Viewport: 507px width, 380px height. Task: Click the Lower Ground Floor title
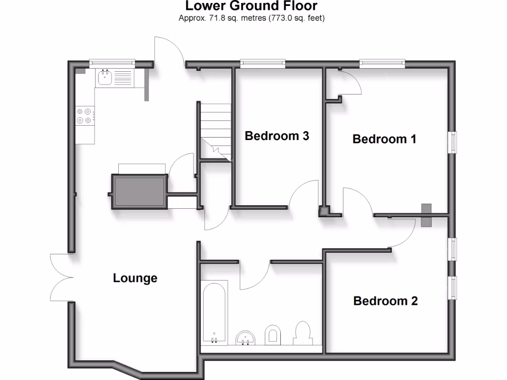pos(251,6)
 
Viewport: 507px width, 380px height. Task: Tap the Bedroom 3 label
pos(277,136)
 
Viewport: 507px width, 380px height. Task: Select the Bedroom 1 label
pos(384,139)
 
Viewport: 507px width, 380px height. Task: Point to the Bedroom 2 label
pos(385,301)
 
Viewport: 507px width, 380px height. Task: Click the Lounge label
pos(135,278)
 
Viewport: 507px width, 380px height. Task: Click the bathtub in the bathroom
pos(214,313)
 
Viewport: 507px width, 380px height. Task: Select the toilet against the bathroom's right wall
pos(303,332)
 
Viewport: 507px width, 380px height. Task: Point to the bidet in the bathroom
pos(273,334)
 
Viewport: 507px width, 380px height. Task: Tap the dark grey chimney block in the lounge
pos(139,191)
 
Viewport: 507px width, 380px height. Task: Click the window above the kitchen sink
pos(112,63)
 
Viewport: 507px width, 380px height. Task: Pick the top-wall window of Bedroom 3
pos(262,63)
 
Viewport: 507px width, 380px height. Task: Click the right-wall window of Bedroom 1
pos(452,142)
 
